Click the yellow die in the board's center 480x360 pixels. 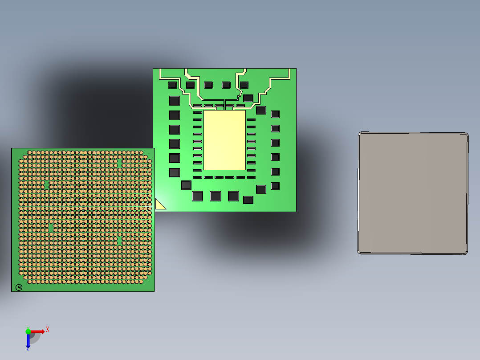point(224,140)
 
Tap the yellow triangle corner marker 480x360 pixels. point(159,205)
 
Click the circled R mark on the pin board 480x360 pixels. point(19,287)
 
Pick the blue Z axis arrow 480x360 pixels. point(28,341)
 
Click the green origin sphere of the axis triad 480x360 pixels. point(28,331)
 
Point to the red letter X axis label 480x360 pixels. point(48,329)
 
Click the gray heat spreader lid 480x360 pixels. point(413,193)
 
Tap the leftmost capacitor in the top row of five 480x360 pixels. point(172,85)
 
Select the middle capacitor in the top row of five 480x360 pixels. point(208,85)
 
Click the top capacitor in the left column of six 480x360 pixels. point(174,101)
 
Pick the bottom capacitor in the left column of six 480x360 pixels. point(174,172)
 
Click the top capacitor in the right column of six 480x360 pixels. point(275,114)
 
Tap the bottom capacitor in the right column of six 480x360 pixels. point(275,186)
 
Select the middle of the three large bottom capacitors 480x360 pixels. point(216,196)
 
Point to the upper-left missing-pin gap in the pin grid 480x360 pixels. point(47,184)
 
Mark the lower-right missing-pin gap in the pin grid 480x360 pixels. point(119,240)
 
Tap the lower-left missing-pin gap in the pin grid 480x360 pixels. point(51,228)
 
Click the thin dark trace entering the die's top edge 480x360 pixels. point(225,105)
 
